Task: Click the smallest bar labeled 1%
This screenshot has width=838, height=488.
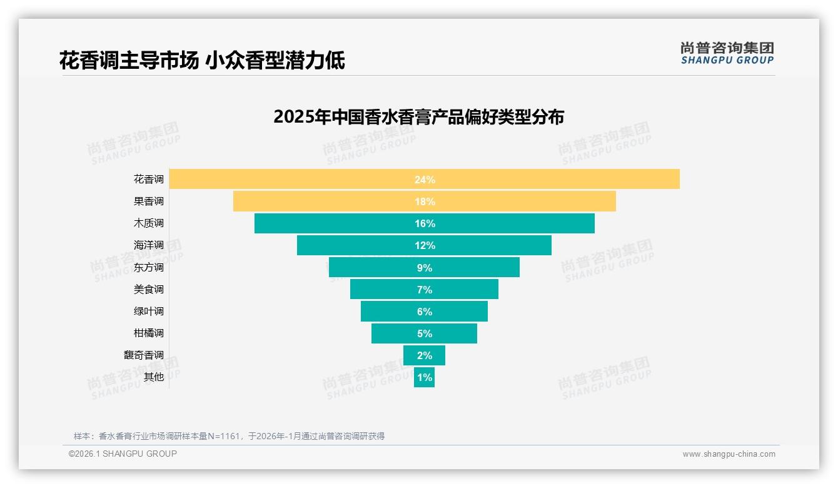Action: pos(424,377)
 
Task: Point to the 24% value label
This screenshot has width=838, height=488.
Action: pos(424,180)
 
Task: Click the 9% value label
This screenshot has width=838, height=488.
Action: pos(424,268)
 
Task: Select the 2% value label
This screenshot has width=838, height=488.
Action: pos(424,355)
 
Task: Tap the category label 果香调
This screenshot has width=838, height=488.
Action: pos(148,201)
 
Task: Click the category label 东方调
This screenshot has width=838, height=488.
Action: pos(148,267)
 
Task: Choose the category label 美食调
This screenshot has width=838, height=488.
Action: pos(148,289)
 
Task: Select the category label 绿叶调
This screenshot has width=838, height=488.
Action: pos(148,311)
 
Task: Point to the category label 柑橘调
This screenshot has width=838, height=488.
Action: pos(148,333)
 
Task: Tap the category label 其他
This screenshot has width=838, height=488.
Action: pos(153,377)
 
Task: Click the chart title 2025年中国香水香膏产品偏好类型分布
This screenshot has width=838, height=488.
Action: pos(418,117)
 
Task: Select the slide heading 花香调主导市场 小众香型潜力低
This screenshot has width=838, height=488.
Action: pos(202,61)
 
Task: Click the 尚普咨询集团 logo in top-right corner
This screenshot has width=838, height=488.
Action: pos(727,53)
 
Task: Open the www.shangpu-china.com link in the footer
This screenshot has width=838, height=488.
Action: pos(729,454)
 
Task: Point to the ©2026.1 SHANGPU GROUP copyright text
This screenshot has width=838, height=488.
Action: pos(123,454)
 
